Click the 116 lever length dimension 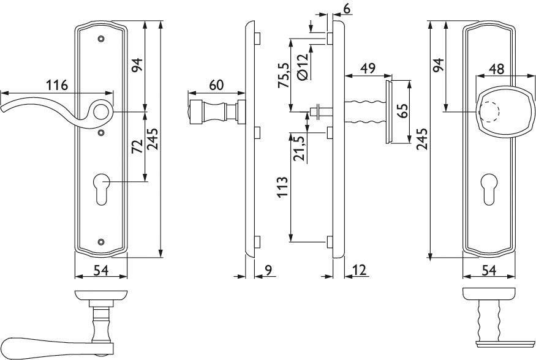tap(56, 84)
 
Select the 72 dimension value tap(137, 145)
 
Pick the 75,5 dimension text tap(283, 74)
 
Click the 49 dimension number tap(368, 69)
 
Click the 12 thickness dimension tap(360, 270)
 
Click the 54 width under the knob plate tap(488, 270)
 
